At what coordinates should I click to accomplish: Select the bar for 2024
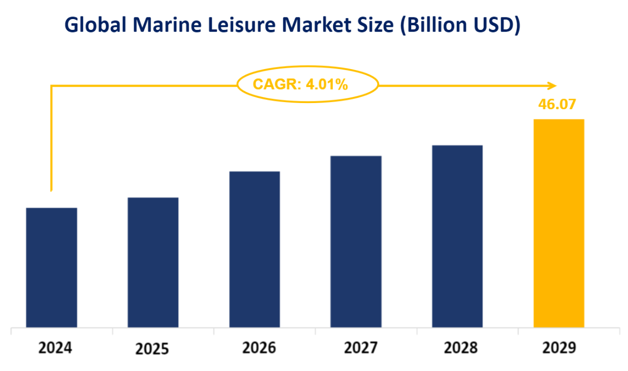coord(52,267)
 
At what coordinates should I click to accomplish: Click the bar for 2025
coord(153,262)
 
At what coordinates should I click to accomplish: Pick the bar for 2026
coord(254,249)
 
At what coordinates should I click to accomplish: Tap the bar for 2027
coord(356,242)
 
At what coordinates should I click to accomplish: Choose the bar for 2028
coord(457,237)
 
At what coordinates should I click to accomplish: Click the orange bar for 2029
coord(559,223)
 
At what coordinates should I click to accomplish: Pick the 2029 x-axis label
coord(559,349)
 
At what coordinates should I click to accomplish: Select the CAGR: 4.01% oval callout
coord(308,85)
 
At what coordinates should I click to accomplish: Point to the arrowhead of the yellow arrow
coord(552,86)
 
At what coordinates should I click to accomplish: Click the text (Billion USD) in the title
coord(461,25)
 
